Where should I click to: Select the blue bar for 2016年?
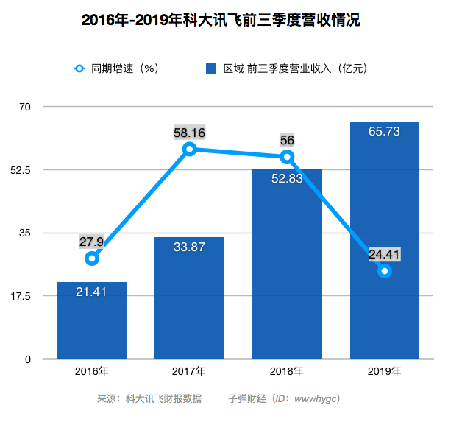click(x=92, y=324)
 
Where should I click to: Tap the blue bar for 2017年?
click(x=189, y=302)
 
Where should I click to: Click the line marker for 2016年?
click(x=92, y=259)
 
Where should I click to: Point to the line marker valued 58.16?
click(x=190, y=149)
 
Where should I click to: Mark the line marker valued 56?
click(x=287, y=156)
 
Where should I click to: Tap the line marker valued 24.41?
click(x=384, y=271)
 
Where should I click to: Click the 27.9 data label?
click(x=92, y=242)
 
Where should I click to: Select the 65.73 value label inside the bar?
click(x=384, y=132)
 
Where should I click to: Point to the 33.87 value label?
click(x=189, y=247)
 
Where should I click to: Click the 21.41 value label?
click(x=92, y=292)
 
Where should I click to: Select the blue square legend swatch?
click(x=210, y=68)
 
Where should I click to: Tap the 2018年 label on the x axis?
click(x=287, y=372)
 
